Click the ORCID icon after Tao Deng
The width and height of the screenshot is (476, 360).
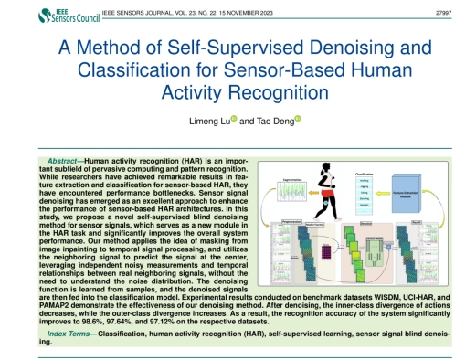(x=297, y=119)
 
